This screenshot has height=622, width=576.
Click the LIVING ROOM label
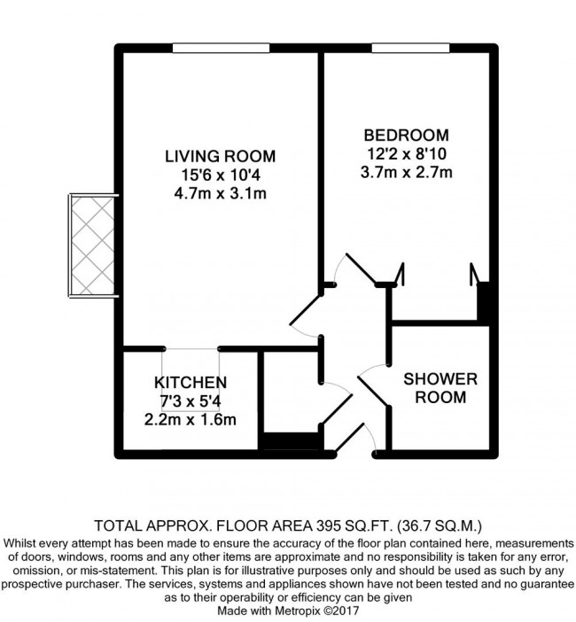pyautogui.click(x=220, y=156)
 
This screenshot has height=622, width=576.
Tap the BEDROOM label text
pyautogui.click(x=407, y=136)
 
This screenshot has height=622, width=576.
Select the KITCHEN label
pyautogui.click(x=191, y=383)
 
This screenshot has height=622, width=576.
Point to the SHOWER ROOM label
pyautogui.click(x=440, y=388)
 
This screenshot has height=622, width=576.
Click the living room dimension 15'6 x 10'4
pyautogui.click(x=221, y=175)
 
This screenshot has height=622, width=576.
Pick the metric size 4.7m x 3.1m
pyautogui.click(x=220, y=193)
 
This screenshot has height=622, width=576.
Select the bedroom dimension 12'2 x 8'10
pyautogui.click(x=407, y=154)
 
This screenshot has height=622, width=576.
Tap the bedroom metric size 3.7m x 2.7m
pyautogui.click(x=407, y=173)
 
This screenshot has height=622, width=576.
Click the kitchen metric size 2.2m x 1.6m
pyautogui.click(x=191, y=420)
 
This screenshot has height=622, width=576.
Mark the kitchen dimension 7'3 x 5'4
pyautogui.click(x=191, y=401)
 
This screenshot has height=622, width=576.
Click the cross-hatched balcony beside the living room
pyautogui.click(x=92, y=245)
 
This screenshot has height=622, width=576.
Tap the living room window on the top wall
pyautogui.click(x=221, y=48)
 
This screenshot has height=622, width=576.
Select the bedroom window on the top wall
pyautogui.click(x=410, y=48)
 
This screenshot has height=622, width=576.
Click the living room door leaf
pyautogui.click(x=306, y=310)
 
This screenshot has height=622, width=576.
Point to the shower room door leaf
pyautogui.click(x=373, y=392)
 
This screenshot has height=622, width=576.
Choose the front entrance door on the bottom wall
pyautogui.click(x=349, y=438)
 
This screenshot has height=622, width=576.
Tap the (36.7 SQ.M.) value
pyautogui.click(x=439, y=526)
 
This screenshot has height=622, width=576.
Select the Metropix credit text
pyautogui.click(x=288, y=610)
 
